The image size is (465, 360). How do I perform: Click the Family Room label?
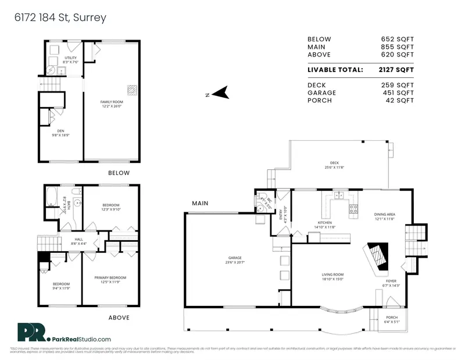point(110,102)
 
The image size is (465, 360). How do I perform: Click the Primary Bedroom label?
point(110,278)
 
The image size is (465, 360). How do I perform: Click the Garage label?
point(235,258)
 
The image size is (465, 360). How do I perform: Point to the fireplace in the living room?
point(375,256)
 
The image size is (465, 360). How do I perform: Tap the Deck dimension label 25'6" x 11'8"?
point(334,167)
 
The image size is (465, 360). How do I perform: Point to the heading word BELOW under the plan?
point(119,173)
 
